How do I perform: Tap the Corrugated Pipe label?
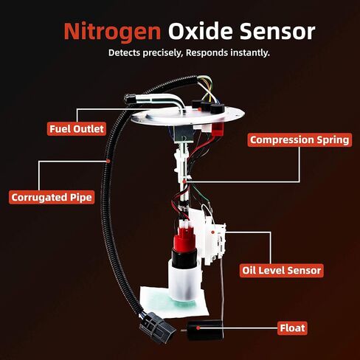(x=52, y=197)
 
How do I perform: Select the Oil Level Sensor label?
(x=282, y=270)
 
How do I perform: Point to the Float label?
(x=292, y=327)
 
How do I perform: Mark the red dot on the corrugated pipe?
(x=108, y=159)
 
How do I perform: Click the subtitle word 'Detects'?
(x=127, y=53)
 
